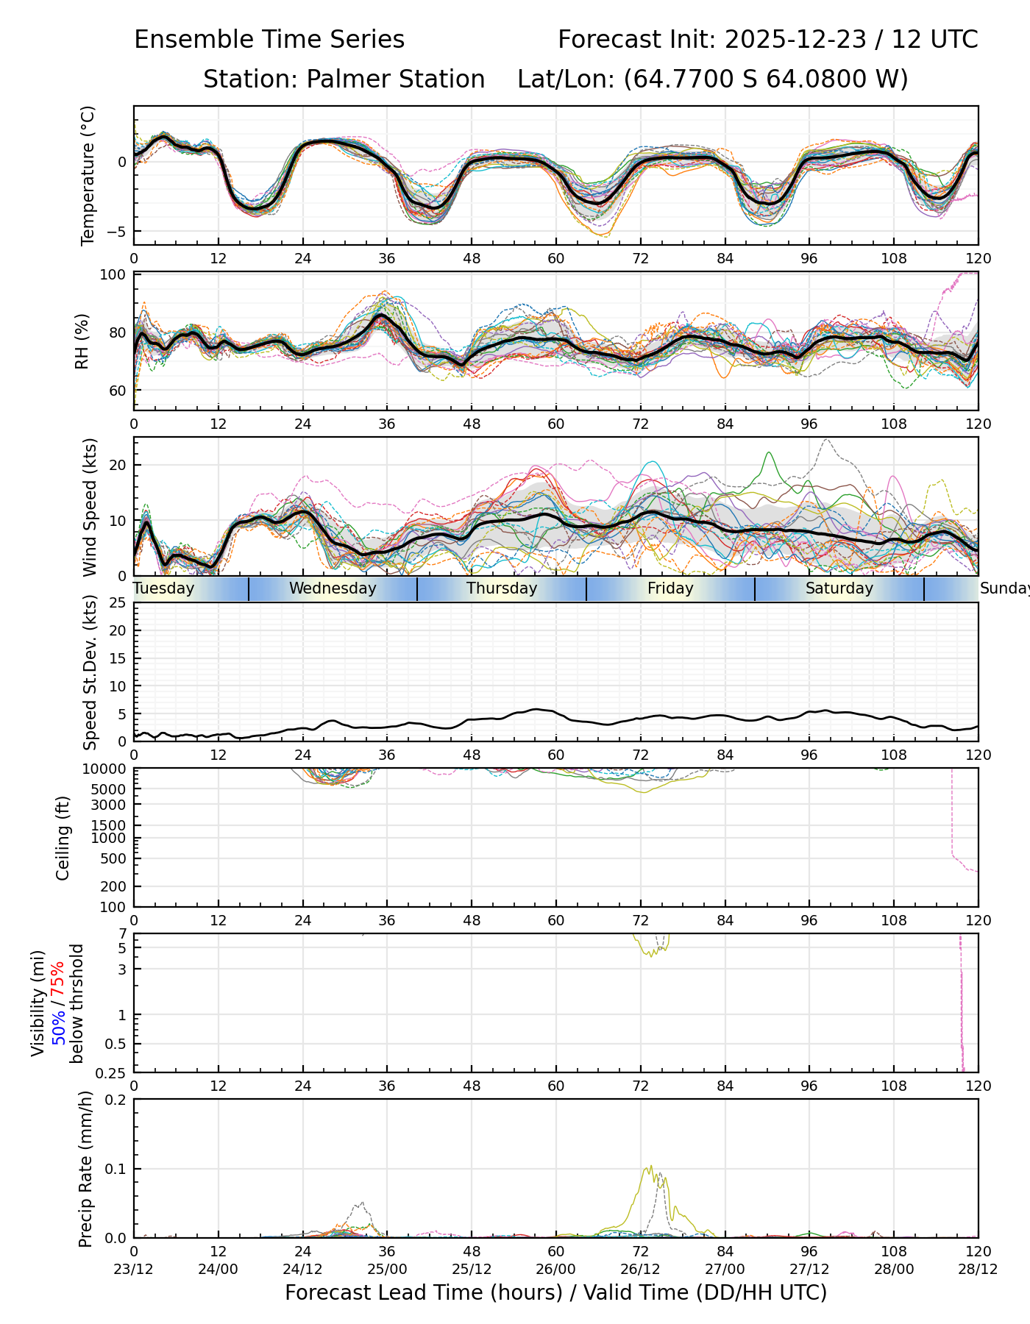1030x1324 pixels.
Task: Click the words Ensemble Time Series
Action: (269, 40)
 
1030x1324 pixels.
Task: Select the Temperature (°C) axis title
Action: (88, 175)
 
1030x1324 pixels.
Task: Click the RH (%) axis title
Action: (82, 341)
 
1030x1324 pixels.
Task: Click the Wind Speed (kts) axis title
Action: (90, 507)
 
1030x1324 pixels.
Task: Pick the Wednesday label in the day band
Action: (333, 588)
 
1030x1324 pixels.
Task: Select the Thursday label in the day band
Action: (502, 588)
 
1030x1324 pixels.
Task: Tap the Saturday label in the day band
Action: (839, 588)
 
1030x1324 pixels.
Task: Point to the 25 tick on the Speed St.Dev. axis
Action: (118, 603)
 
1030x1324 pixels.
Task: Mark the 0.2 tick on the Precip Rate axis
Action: (116, 1100)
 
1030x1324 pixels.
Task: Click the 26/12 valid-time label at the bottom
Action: (641, 1269)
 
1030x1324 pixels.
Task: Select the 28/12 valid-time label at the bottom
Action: (978, 1269)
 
